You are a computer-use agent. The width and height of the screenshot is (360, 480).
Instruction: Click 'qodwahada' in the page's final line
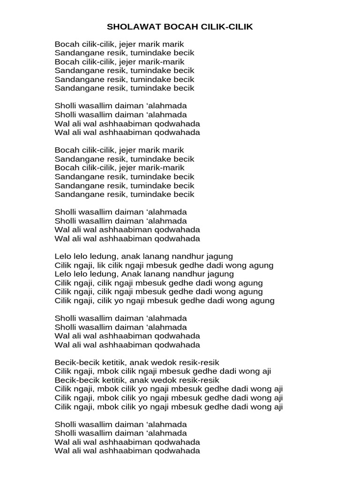click(x=180, y=451)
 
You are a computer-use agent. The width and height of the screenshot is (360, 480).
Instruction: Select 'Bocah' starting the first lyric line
click(x=65, y=44)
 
